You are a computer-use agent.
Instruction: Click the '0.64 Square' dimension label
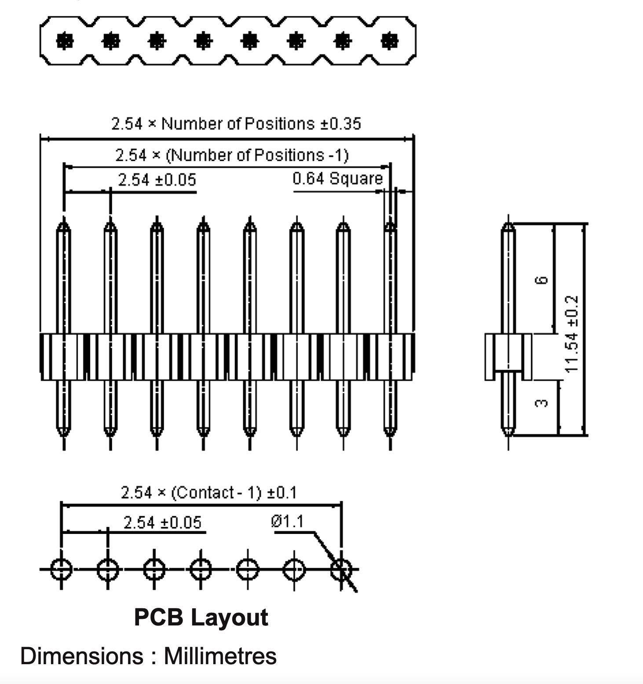click(337, 179)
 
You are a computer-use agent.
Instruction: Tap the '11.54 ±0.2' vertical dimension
click(571, 334)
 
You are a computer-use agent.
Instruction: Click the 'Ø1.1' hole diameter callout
click(287, 522)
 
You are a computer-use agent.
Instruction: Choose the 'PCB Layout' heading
click(201, 617)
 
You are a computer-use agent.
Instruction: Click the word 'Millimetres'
click(220, 656)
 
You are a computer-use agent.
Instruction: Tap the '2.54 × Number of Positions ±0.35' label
click(236, 124)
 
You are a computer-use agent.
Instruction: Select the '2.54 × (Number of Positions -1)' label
click(232, 155)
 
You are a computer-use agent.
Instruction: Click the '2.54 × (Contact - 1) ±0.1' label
click(208, 493)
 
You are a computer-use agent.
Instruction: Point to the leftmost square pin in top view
click(65, 41)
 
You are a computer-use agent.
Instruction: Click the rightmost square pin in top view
click(389, 41)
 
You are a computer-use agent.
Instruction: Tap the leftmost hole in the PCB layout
click(61, 569)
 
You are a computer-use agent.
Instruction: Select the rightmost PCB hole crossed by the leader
click(341, 569)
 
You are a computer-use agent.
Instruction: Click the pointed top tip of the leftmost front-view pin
click(64, 220)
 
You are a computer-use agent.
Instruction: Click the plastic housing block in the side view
click(508, 357)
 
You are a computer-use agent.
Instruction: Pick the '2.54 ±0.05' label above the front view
click(157, 180)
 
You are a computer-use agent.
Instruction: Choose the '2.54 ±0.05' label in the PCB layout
click(162, 522)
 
